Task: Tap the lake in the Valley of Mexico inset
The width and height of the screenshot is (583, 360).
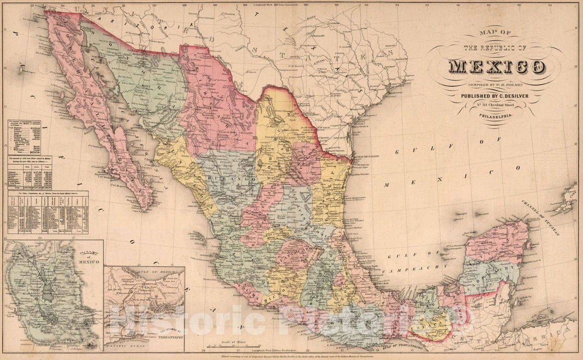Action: (48, 294)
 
